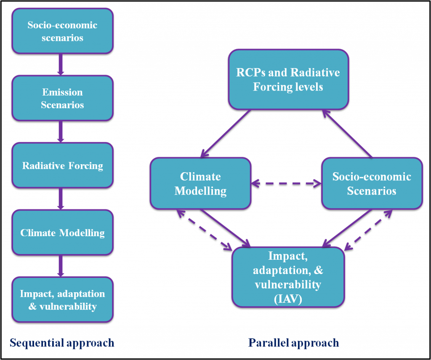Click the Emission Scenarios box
62,98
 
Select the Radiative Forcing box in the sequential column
62,165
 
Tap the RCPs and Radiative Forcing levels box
288,80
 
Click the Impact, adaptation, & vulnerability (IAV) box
288,277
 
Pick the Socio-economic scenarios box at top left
62,31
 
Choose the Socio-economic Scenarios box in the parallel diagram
372,183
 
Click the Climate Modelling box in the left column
62,232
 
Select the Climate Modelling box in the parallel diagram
200,183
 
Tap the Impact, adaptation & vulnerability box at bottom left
62,299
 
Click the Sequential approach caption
62,343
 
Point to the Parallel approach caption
293,343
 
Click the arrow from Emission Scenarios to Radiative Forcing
61,131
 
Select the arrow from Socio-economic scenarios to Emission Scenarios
61,64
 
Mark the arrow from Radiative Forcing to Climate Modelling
61,199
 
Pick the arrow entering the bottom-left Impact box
61,266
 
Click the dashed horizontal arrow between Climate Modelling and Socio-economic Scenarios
286,183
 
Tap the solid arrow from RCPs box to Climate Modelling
226,133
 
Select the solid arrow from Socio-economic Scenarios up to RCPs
348,134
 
